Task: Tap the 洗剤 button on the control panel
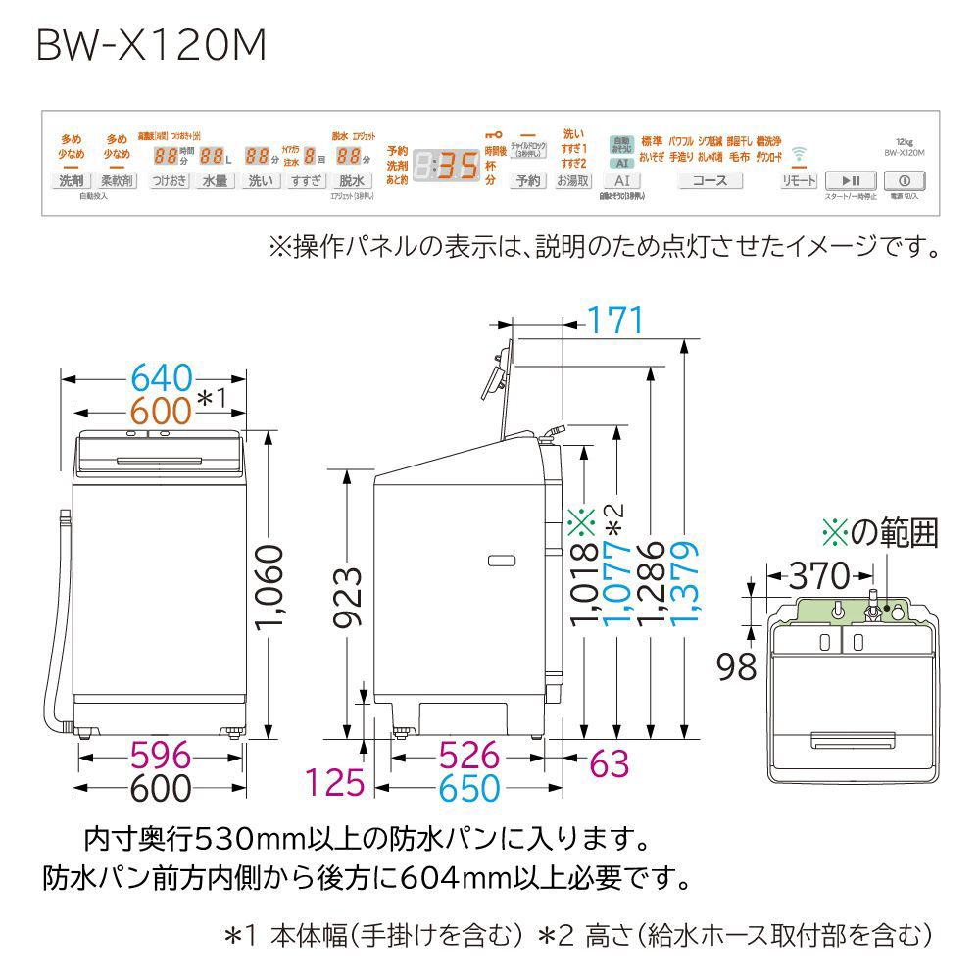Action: point(71,181)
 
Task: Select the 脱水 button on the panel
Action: point(351,181)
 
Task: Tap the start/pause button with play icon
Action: point(851,181)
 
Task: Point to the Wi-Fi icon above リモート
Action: point(799,153)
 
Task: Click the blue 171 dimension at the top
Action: point(614,319)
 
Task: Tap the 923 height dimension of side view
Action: point(348,599)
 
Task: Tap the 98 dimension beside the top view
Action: point(736,667)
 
